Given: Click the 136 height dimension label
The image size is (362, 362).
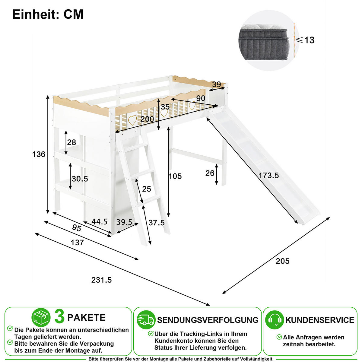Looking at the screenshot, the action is [39, 154].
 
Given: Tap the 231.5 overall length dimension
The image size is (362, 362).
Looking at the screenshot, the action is [101, 280].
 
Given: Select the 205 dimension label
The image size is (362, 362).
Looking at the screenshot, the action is [283, 261].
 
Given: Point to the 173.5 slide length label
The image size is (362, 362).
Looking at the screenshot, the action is [269, 176].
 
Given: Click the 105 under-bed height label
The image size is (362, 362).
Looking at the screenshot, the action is [175, 176].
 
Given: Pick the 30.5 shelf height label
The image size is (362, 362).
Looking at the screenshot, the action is [80, 179].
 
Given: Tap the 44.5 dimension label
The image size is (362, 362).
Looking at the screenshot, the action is [99, 222].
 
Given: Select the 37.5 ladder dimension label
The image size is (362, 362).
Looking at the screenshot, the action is [157, 223].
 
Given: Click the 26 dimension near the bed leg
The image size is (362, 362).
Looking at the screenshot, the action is [210, 173].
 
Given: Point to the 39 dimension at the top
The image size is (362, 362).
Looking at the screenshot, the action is [217, 84].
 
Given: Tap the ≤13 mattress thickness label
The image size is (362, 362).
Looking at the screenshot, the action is [305, 40].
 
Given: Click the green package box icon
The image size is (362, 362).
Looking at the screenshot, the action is [41, 317].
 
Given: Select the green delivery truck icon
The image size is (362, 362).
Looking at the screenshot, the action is [146, 320].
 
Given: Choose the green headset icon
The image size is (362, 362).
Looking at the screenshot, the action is [275, 320].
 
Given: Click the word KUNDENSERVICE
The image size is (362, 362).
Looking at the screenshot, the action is [320, 320].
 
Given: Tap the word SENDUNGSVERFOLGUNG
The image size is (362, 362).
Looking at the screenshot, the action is [208, 320].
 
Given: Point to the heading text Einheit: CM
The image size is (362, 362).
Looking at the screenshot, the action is [48, 14].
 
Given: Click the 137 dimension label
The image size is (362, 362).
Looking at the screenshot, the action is [77, 243].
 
